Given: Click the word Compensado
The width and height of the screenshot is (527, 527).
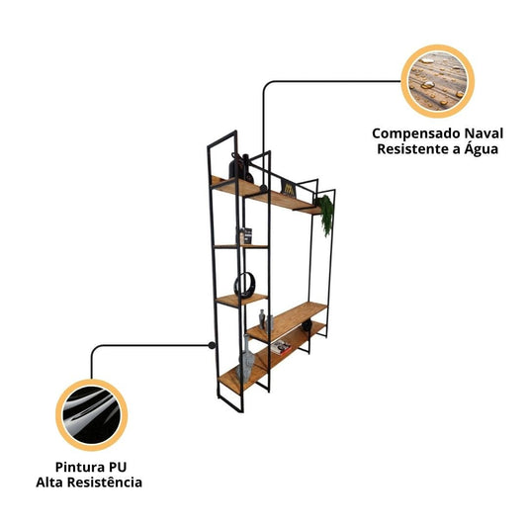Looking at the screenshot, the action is click(416, 133).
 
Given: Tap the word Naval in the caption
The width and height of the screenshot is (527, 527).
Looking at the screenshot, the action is click(483, 133).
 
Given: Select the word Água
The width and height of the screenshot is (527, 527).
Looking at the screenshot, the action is click(481, 148).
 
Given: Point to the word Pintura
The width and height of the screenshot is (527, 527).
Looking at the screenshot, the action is click(77, 467).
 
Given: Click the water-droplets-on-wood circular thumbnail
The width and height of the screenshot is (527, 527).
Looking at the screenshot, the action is click(438, 81).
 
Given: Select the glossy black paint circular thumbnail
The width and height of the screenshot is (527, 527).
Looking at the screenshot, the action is click(91, 414).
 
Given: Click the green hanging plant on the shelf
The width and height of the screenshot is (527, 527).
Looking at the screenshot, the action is click(325, 215).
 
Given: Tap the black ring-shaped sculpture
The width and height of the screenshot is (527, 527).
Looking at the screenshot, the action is click(244, 285).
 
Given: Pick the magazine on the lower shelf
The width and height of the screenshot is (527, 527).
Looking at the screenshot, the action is click(281, 347).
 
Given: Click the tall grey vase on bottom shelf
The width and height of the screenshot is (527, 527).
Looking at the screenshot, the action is click(245, 357).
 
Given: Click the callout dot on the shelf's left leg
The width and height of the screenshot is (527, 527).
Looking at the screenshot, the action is click(212, 345).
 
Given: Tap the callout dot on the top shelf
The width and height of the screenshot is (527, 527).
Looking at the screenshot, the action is click(263, 187).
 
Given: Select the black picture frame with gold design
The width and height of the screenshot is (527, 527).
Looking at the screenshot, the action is click(289, 188).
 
